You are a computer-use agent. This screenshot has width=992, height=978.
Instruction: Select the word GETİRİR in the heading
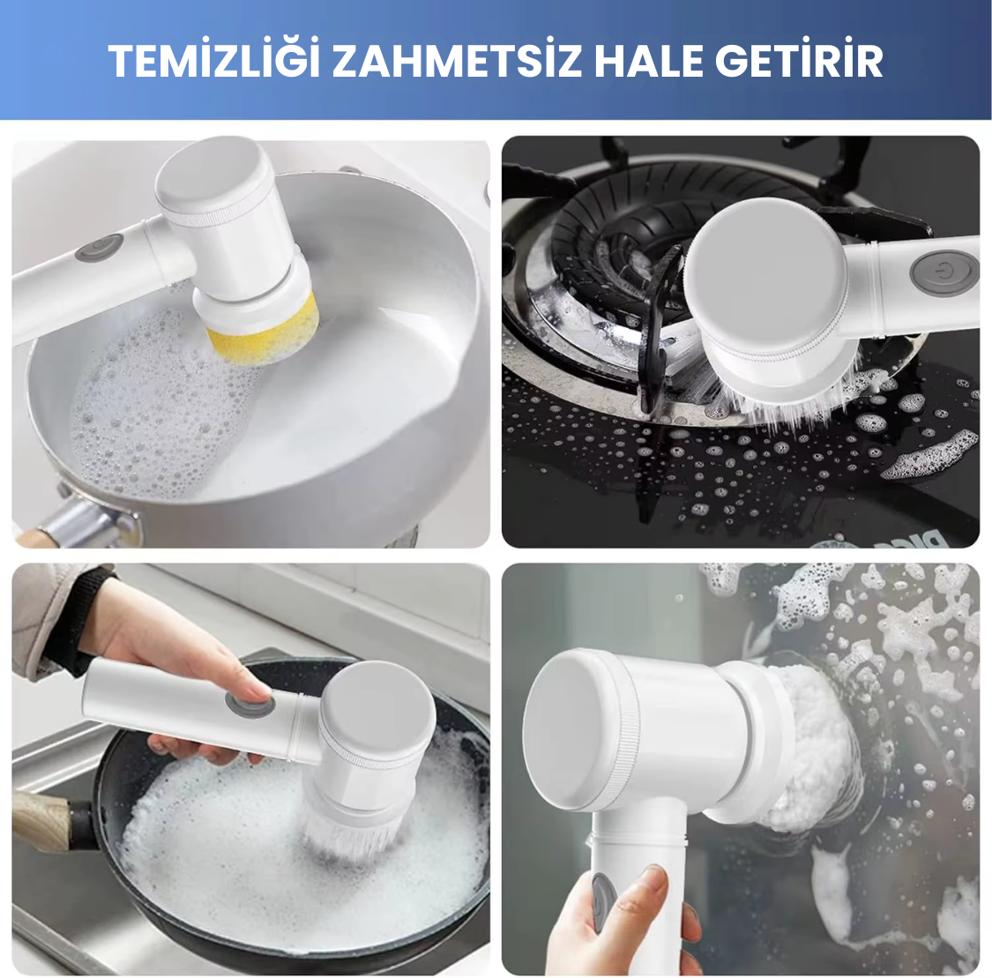798,61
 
